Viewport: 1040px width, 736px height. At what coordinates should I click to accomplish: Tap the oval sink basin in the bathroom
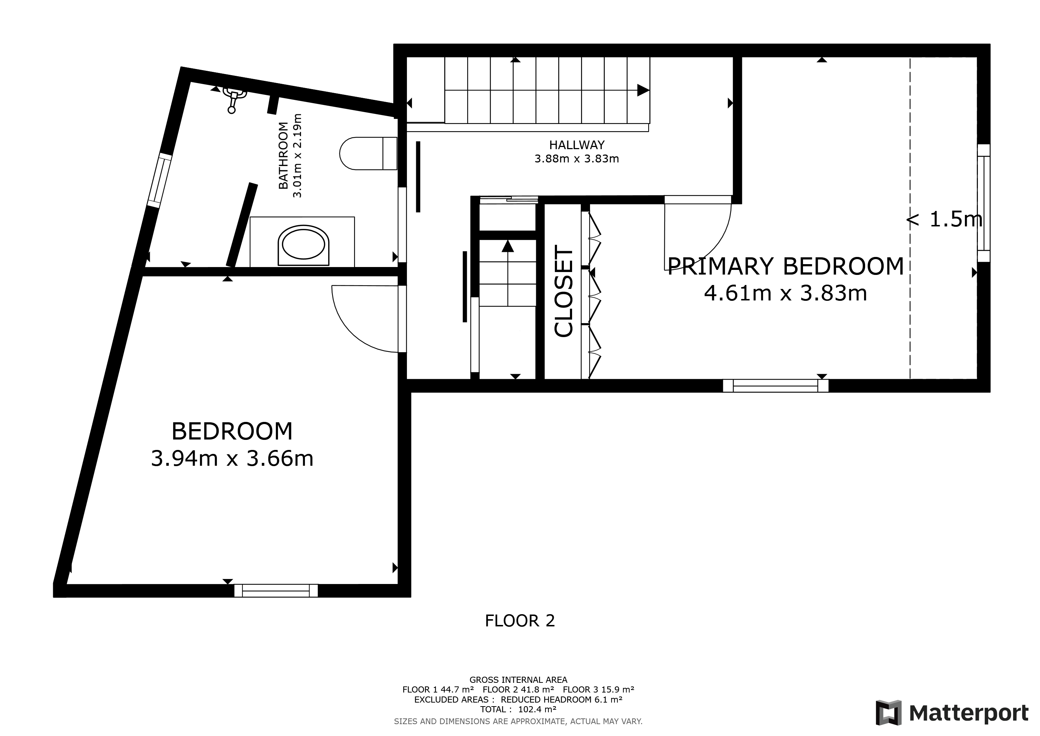click(x=303, y=245)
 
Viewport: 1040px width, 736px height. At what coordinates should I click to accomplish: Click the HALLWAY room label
click(x=577, y=145)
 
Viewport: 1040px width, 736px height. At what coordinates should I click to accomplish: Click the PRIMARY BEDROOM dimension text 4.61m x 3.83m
click(x=785, y=293)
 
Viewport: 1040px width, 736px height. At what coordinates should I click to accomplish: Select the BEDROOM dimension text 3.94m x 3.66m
click(x=232, y=459)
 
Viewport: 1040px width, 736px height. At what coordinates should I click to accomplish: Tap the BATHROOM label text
click(x=283, y=156)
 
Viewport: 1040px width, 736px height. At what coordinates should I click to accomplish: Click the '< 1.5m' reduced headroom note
click(x=944, y=220)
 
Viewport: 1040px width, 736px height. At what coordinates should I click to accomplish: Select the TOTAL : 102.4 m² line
click(x=518, y=709)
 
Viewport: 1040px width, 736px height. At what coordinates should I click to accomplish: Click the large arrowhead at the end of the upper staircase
click(x=643, y=90)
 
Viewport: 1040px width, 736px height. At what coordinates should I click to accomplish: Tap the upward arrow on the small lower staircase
click(x=508, y=246)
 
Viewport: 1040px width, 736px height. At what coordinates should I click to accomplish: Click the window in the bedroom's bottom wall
click(x=276, y=590)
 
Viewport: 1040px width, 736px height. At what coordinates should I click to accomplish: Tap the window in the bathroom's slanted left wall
click(x=160, y=180)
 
